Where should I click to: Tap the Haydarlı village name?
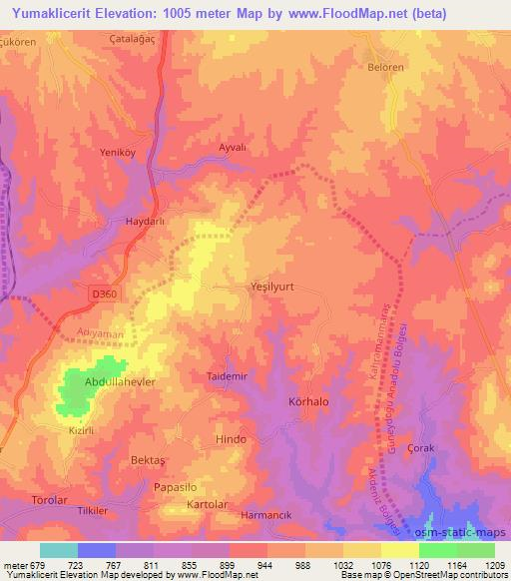[x=144, y=223]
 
